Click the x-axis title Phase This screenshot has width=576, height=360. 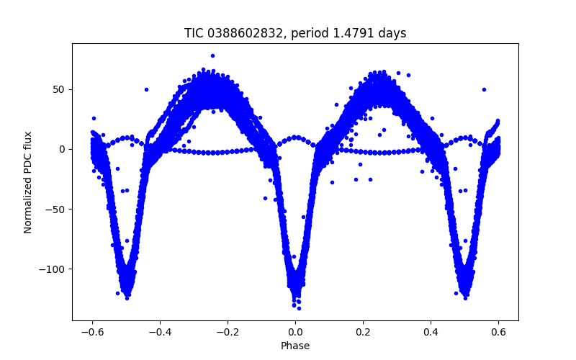coord(295,346)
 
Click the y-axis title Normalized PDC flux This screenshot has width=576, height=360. coord(28,181)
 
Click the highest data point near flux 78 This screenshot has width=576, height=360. coord(212,55)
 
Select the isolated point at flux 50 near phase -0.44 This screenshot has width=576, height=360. coord(146,89)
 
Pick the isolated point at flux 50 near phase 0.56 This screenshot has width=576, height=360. coord(484,89)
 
